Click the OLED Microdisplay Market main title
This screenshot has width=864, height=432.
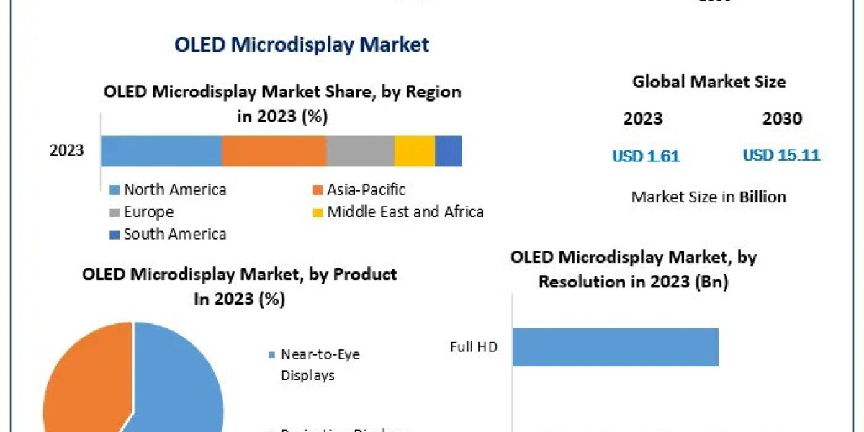[x=302, y=45]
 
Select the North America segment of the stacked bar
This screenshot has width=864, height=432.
[x=161, y=151]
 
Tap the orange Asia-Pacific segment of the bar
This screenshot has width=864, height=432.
[x=274, y=151]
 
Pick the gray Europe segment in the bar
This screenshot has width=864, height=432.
[x=360, y=151]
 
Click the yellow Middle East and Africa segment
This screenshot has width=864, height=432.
[x=415, y=151]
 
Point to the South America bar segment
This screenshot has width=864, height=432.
[x=449, y=151]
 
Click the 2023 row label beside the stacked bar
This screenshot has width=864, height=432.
[x=67, y=151]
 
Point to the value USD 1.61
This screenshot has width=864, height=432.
[x=646, y=156]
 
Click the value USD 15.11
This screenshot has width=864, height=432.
[x=781, y=156]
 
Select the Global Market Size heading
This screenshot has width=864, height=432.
[x=708, y=82]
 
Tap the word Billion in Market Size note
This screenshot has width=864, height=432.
[x=762, y=197]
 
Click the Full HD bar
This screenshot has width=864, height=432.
[x=616, y=347]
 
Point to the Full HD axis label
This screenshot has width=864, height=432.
[x=474, y=347]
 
